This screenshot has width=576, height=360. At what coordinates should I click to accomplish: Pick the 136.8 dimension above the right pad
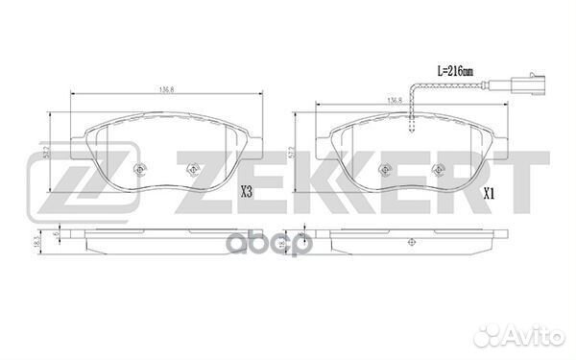coord(393,99)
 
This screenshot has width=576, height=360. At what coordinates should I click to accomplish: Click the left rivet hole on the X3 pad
coord(140,172)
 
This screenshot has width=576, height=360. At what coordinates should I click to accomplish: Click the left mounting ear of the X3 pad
coord(84,139)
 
